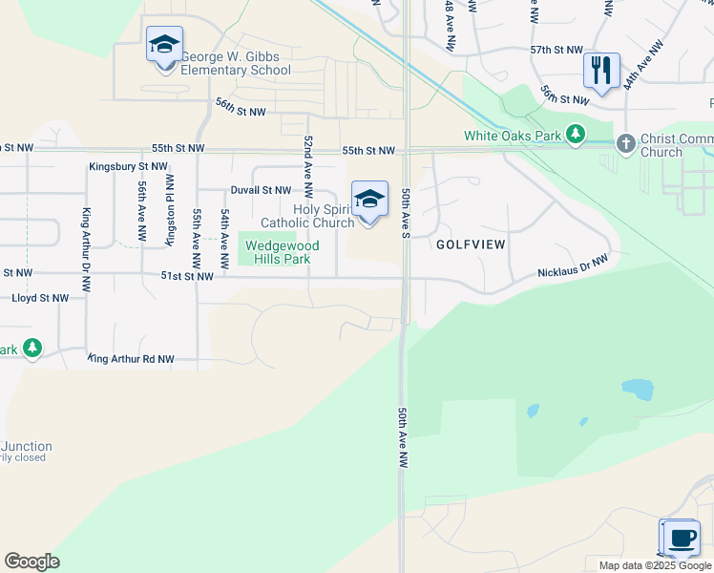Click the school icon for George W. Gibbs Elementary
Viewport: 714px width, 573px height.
[x=164, y=45]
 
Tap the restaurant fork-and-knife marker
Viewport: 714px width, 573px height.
[x=601, y=71]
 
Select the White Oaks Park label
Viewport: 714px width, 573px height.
[x=513, y=136]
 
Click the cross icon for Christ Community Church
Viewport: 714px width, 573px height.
[x=625, y=143]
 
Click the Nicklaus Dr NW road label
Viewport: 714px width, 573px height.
[x=573, y=267]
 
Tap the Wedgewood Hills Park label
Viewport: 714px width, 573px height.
[x=282, y=252]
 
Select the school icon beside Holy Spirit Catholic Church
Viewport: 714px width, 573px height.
[x=369, y=201]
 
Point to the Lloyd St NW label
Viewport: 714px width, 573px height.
[x=40, y=298]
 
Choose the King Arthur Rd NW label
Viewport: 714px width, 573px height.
[x=131, y=359]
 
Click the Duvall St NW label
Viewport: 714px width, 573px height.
[x=260, y=190]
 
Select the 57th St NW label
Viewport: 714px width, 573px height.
[x=556, y=50]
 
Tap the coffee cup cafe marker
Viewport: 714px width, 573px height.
[x=682, y=539]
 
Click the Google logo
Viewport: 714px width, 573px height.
[x=31, y=562]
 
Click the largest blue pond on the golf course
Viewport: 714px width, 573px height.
[x=638, y=389]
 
